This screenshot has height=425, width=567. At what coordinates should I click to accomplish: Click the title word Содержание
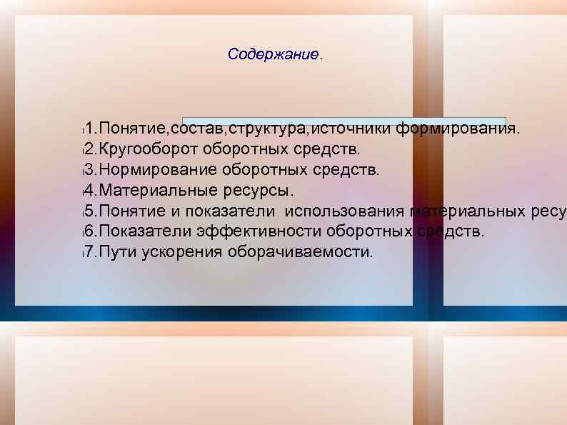point(273,54)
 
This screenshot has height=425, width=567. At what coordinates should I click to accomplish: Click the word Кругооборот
point(148,150)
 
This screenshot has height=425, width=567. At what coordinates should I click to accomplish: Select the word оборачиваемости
point(299,252)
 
